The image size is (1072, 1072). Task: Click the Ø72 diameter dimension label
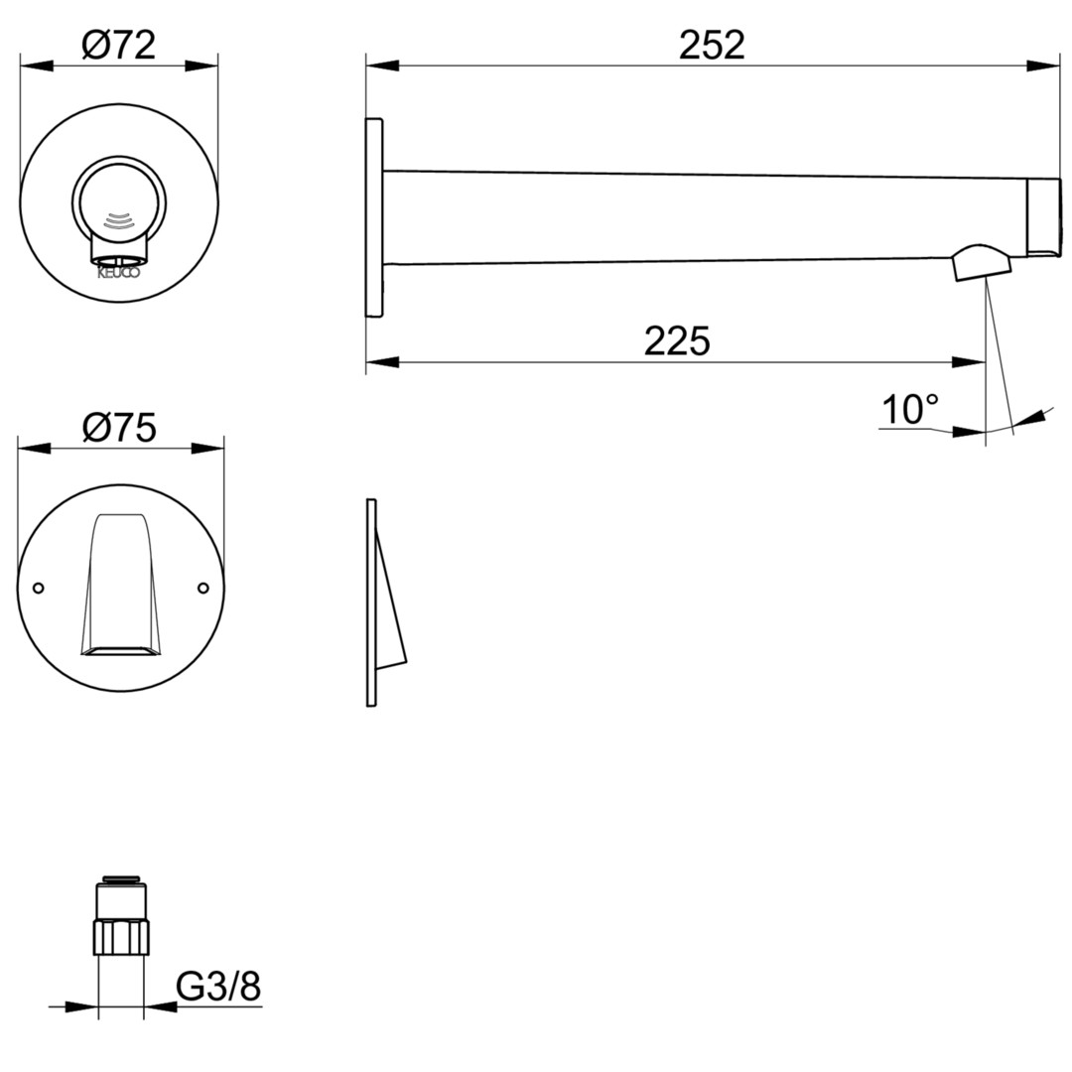pos(119,46)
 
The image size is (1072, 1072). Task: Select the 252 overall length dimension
pos(712,46)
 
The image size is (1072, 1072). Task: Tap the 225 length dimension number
pos(677,340)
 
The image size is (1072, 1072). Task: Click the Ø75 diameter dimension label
pos(119,428)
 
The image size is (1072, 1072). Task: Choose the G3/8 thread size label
pos(218,987)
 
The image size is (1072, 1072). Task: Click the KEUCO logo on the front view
pos(118,273)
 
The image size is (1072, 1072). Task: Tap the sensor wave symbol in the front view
pos(118,218)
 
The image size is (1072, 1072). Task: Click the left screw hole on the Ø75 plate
pos(39,588)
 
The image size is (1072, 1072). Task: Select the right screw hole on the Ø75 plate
pos(203,588)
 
